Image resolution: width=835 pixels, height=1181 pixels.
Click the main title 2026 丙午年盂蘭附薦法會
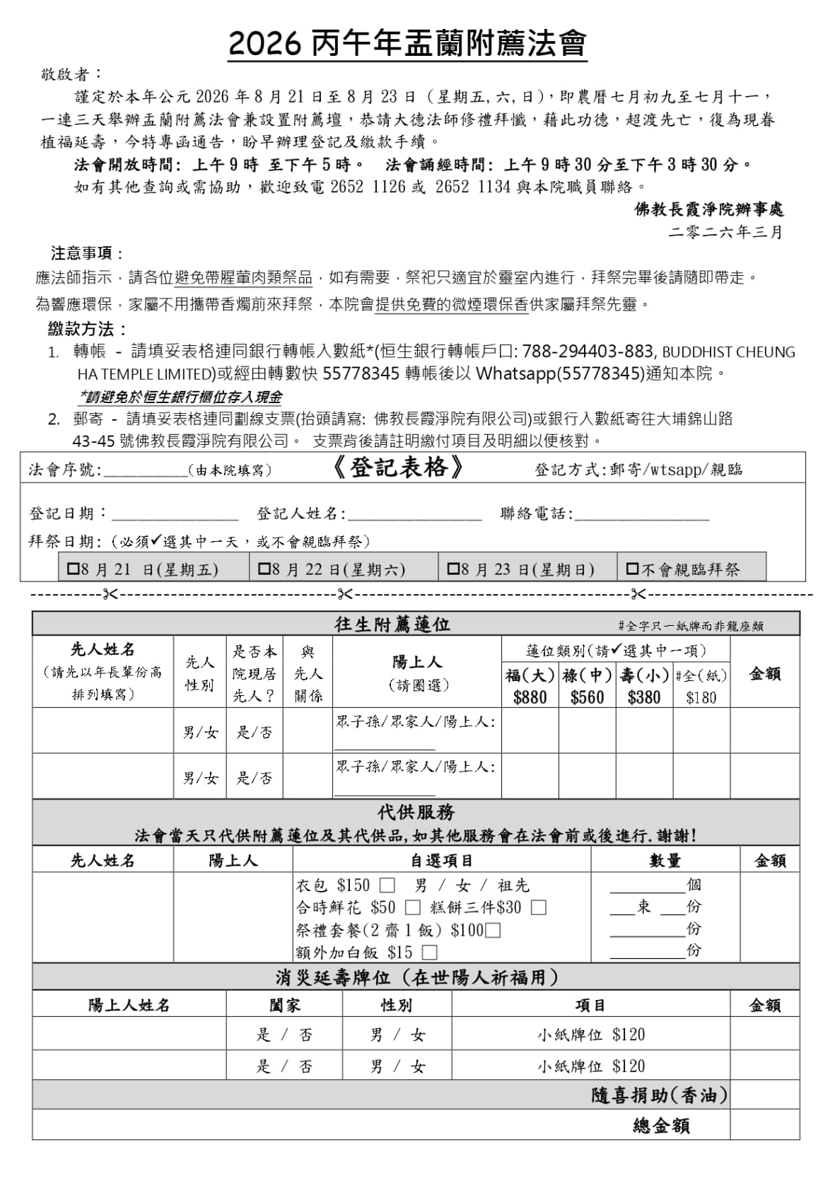coord(407,44)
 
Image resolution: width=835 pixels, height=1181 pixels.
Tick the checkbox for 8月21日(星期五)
coord(74,568)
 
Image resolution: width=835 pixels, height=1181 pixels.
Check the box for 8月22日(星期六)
coord(264,568)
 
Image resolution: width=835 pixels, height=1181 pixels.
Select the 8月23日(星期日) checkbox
coord(453,568)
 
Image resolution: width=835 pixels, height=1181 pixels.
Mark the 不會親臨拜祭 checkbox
coord(632,568)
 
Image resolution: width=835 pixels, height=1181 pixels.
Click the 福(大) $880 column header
coord(530,685)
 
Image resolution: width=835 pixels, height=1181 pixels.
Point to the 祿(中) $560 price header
coord(587,685)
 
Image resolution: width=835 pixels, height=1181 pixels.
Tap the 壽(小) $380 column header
coord(644,685)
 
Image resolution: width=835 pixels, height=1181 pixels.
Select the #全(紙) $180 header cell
coord(701,685)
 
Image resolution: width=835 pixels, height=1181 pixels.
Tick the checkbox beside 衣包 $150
coord(387,885)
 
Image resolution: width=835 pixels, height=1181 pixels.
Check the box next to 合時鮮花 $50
coord(413,907)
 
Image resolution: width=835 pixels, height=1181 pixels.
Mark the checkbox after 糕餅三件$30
coord(539,907)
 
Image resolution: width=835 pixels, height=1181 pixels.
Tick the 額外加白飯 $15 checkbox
coord(429,952)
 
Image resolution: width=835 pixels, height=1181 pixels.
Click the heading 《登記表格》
coord(397,467)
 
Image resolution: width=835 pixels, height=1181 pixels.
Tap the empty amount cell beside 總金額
coord(764,1125)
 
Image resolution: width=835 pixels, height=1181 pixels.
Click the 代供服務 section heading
coord(416,812)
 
